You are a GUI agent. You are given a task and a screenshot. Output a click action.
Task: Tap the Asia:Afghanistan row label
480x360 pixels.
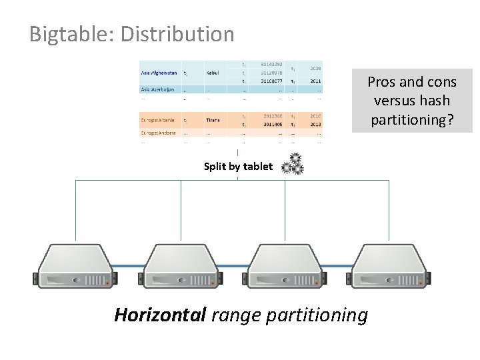[x=159, y=73]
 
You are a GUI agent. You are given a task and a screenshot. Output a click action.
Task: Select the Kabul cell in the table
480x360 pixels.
[x=213, y=73]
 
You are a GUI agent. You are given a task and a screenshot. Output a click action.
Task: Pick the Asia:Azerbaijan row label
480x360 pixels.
[x=158, y=89]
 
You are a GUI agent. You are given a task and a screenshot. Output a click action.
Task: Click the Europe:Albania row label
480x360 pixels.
[x=158, y=120]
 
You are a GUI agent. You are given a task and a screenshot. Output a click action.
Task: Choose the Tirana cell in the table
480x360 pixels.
[x=213, y=120]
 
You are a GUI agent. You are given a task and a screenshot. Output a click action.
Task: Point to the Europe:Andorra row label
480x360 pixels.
[x=158, y=133]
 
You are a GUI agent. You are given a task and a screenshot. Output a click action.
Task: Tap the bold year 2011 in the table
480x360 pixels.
[x=315, y=81]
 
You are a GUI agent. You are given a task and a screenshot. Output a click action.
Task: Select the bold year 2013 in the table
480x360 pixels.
[x=315, y=124]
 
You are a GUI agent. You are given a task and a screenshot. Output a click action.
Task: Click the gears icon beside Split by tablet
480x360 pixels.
[x=292, y=165]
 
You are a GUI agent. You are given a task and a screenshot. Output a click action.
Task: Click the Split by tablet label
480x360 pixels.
[x=238, y=167]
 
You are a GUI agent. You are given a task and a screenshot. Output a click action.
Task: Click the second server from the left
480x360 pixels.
[x=181, y=266]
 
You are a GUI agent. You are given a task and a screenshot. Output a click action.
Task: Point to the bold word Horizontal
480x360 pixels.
[x=160, y=314]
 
